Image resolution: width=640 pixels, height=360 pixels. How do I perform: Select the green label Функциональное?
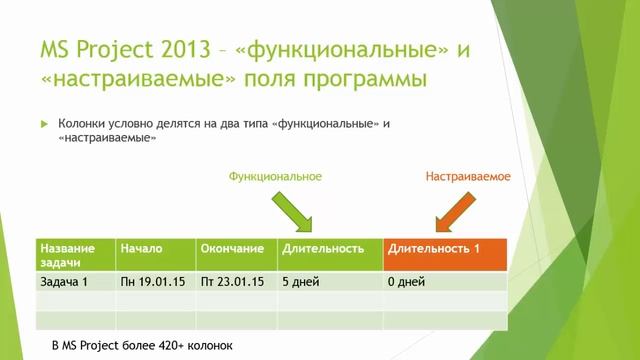click(x=275, y=176)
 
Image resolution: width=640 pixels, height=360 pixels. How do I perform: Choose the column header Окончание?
click(x=231, y=247)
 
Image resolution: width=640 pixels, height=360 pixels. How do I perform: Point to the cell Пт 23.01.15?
click(x=231, y=282)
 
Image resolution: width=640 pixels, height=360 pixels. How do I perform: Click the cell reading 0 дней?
click(x=408, y=282)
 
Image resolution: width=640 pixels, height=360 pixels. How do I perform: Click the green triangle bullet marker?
click(x=44, y=123)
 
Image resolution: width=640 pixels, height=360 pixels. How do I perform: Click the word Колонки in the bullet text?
click(x=81, y=123)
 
